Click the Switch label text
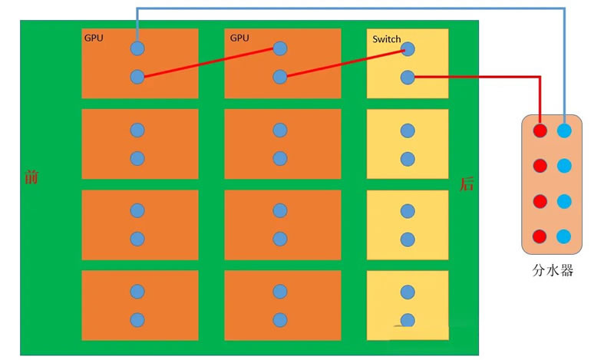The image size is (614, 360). tap(386, 39)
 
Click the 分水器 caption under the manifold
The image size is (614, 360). tap(553, 270)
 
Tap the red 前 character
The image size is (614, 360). tap(31, 177)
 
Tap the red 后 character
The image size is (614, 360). tap(467, 183)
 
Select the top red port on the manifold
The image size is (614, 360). tap(540, 130)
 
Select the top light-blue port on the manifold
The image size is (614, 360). tap(564, 130)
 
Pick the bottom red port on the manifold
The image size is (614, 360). tap(540, 236)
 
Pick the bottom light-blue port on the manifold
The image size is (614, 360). tap(564, 236)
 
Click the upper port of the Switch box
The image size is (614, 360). tap(408, 49)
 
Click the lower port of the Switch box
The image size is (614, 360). tap(408, 78)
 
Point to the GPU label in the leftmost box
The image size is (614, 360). tap(94, 38)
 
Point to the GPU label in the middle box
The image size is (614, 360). tap(239, 38)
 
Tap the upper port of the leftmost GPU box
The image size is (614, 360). tap(137, 48)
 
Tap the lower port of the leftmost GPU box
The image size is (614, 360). tap(137, 77)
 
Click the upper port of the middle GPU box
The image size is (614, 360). tap(280, 48)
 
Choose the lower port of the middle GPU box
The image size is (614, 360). tap(280, 77)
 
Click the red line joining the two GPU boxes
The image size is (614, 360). tap(209, 63)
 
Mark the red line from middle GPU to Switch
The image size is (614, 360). tap(345, 63)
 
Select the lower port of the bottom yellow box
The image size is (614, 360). tap(408, 320)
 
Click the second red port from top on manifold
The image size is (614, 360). tap(540, 166)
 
